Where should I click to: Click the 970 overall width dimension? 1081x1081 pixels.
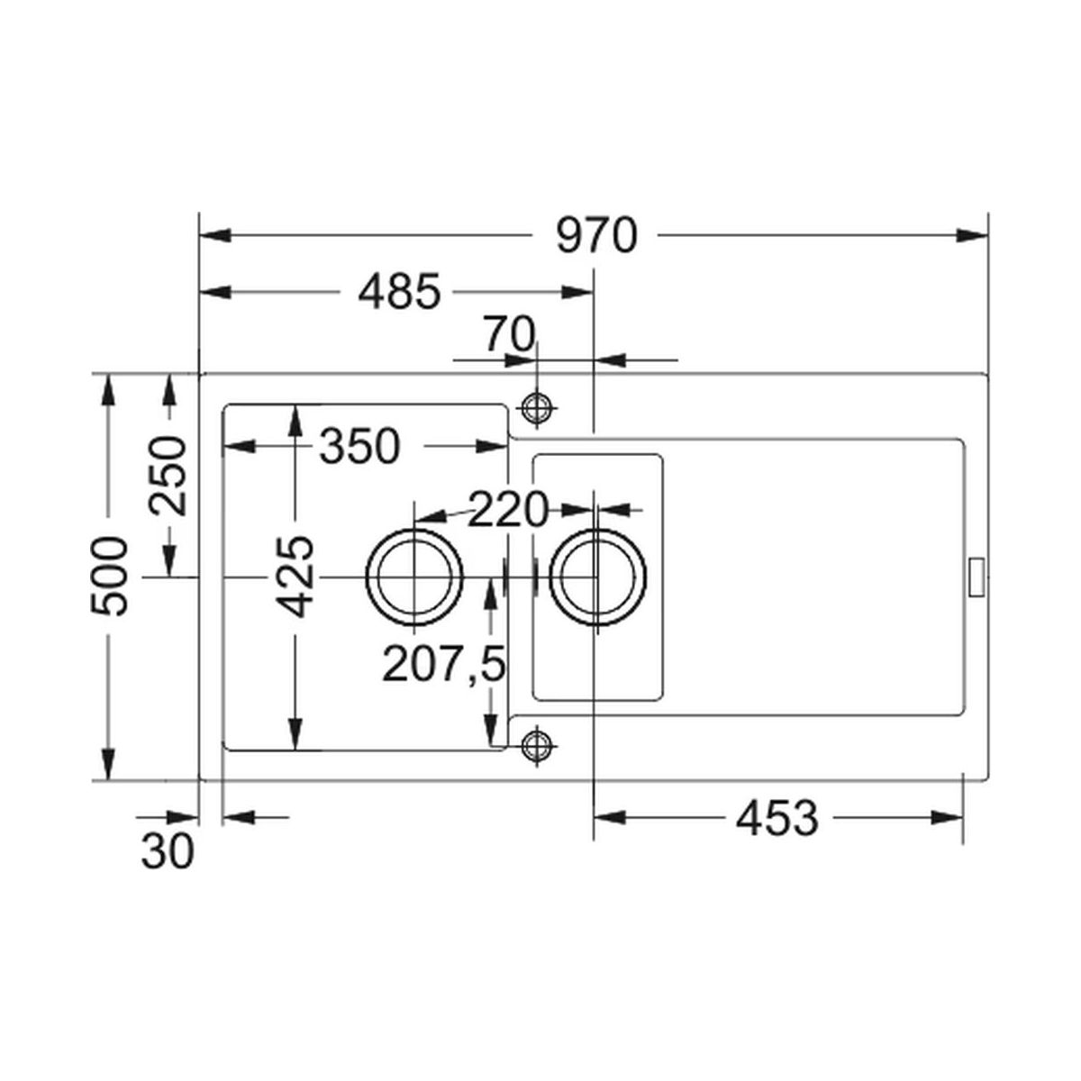pos(596,236)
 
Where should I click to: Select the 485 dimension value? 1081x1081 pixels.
pos(399,292)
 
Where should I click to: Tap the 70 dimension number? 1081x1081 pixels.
pos(509,334)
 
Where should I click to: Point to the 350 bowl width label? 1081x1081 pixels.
pos(360,447)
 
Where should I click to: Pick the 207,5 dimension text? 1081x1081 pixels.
pos(443,664)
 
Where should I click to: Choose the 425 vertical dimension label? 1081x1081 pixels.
pos(295,577)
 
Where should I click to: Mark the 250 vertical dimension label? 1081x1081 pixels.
pos(167,476)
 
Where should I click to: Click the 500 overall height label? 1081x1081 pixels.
pos(108,577)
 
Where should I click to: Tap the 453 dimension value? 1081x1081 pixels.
pos(777,817)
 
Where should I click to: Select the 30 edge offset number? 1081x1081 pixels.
pos(168,851)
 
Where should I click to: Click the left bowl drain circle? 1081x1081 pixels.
pos(414,577)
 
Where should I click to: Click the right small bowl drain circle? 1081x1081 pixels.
pos(598,577)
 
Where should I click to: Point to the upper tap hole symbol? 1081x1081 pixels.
pos(537,408)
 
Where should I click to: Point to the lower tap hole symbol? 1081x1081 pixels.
pos(537,745)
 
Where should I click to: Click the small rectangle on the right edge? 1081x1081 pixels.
pos(977,577)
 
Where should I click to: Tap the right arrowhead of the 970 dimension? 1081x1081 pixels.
pos(972,236)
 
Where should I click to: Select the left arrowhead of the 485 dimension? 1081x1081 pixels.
pos(215,292)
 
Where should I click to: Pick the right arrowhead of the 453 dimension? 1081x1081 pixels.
pos(947,817)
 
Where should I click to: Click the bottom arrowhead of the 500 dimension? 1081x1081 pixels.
pos(108,764)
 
